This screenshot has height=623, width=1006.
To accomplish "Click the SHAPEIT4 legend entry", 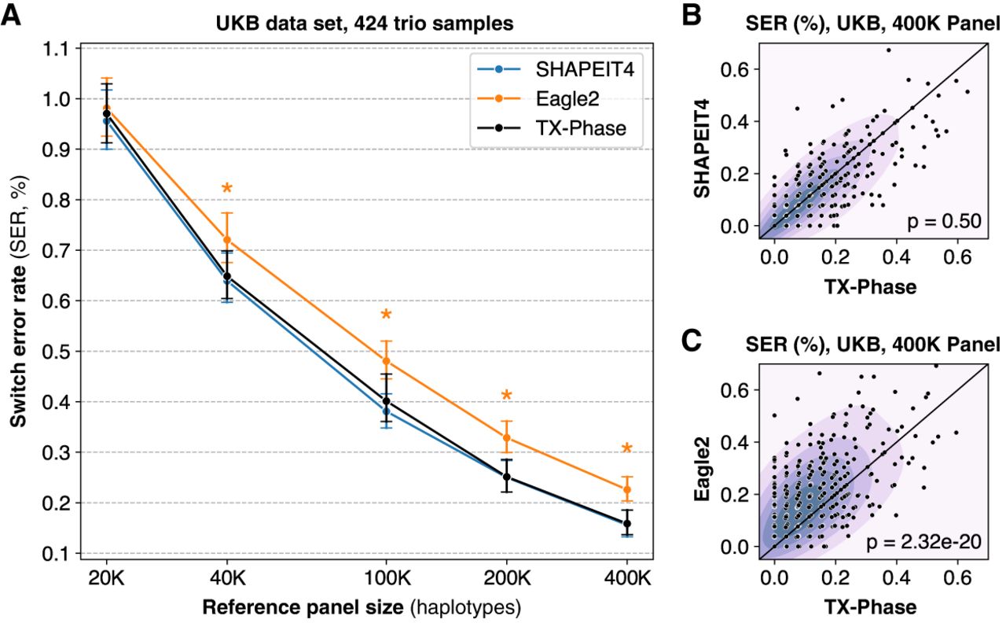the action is point(556,69).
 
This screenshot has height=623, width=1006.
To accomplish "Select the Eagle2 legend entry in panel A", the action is point(538,99).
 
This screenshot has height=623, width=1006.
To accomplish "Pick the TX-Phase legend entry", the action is point(552,128).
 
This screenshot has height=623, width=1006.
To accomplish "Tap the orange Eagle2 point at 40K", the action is point(227,240).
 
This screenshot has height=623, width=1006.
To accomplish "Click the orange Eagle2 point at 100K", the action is point(386,361).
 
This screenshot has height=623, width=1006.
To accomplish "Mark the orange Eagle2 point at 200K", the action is point(507,437).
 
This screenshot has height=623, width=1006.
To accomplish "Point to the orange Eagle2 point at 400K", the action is point(627,489).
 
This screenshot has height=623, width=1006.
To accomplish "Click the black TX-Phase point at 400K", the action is point(627,524).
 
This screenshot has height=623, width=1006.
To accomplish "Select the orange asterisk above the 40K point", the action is point(227,188).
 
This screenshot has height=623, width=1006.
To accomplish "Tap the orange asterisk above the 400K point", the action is point(627,448).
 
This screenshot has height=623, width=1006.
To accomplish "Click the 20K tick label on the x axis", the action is point(106,578).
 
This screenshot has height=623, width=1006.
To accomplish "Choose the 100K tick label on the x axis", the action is point(387,578).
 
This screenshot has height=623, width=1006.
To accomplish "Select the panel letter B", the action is point(691,17).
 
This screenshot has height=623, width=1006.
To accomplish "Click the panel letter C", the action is point(692,341).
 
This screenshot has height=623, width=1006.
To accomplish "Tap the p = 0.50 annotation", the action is point(944,222).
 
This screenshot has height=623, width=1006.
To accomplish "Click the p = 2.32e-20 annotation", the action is point(923,542).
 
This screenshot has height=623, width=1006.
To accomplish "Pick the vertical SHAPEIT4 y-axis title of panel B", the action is point(702,149).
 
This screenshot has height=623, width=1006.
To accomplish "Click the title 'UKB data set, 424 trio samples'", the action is point(364,24).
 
